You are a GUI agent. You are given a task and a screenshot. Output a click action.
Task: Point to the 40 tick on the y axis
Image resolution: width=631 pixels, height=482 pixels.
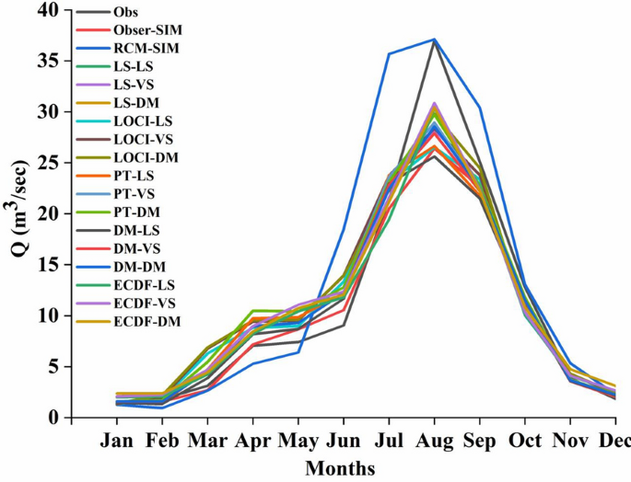pyautogui.click(x=48, y=10)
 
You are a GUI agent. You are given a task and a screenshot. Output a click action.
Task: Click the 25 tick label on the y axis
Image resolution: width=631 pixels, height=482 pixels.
pyautogui.click(x=48, y=163)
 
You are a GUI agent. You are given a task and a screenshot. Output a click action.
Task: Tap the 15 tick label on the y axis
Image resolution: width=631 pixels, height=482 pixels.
pyautogui.click(x=48, y=265)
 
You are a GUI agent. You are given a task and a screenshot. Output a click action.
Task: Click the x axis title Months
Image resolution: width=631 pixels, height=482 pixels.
pyautogui.click(x=340, y=468)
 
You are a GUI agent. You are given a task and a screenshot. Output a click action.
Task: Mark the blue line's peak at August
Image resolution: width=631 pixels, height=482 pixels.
pyautogui.click(x=434, y=40)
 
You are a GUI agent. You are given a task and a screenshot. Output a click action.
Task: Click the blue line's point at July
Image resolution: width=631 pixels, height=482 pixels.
pyautogui.click(x=388, y=54)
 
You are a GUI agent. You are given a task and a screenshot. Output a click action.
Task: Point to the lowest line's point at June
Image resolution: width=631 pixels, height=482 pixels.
pyautogui.click(x=343, y=325)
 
